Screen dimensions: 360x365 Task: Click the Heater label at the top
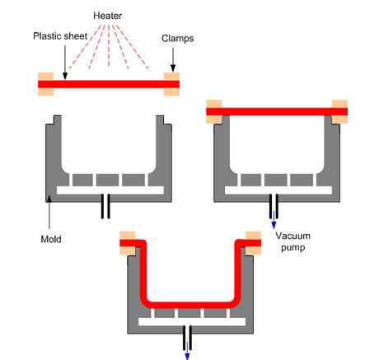click(x=107, y=16)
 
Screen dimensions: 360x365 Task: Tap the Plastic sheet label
click(x=60, y=36)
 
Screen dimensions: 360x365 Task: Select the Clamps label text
click(x=177, y=38)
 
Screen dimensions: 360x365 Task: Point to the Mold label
click(x=51, y=239)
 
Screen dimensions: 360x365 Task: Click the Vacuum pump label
click(x=292, y=241)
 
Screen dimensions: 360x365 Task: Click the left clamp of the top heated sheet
click(x=45, y=83)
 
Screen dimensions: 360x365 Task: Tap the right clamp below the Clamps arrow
click(x=172, y=83)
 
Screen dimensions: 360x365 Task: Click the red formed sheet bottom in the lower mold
click(x=187, y=302)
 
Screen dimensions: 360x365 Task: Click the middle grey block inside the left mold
click(x=108, y=179)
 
